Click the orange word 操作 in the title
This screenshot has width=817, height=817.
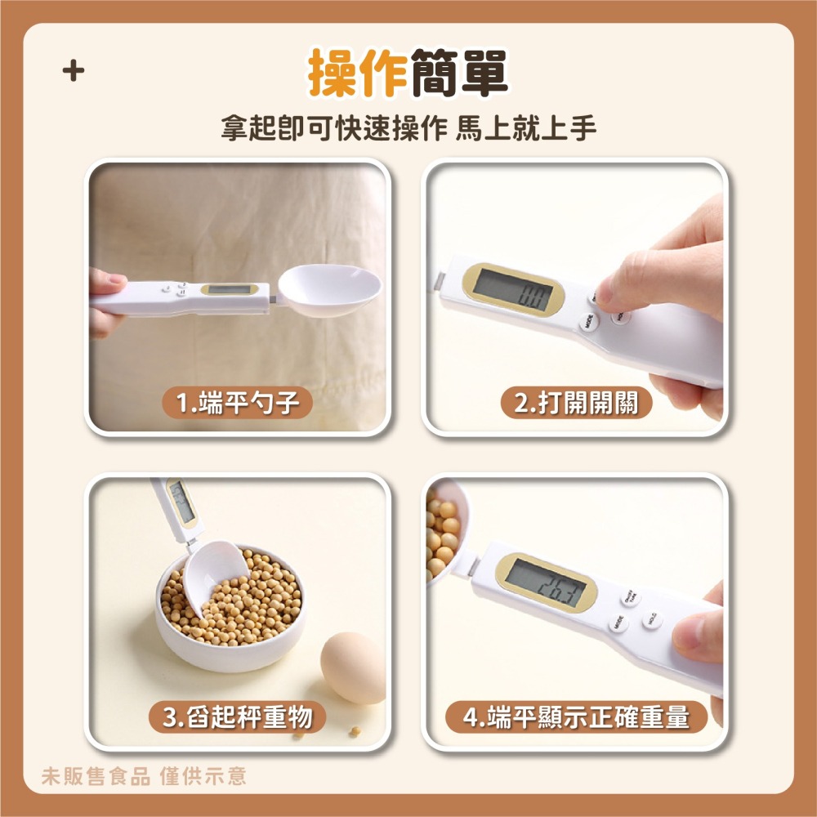(x=357, y=74)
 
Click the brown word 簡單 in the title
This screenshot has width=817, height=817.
(x=459, y=74)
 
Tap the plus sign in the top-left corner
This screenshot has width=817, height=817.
(x=74, y=72)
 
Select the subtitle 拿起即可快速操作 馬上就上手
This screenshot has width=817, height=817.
(x=408, y=129)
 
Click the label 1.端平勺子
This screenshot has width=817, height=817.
(x=236, y=402)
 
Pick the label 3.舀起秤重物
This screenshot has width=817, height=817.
(x=237, y=717)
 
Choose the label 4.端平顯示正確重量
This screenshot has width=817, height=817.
(x=575, y=717)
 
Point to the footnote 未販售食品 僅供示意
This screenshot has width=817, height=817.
(x=144, y=775)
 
